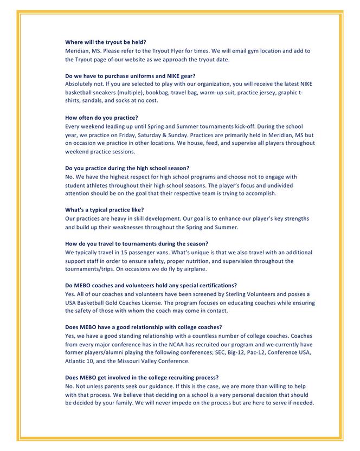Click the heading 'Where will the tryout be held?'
[x=106, y=42]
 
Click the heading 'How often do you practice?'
[x=101, y=118]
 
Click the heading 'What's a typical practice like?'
[x=104, y=210]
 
